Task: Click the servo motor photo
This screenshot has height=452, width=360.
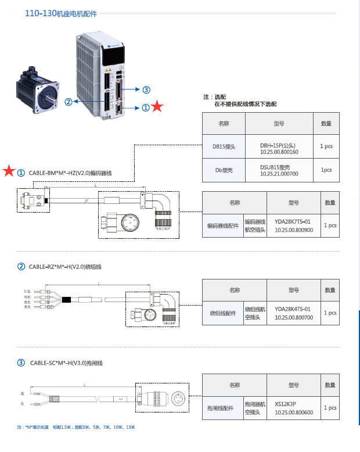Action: click(x=38, y=92)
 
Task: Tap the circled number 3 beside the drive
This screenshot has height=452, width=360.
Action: click(x=146, y=89)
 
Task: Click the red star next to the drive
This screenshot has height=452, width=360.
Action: click(x=157, y=107)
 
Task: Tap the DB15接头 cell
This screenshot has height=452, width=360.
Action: click(x=224, y=146)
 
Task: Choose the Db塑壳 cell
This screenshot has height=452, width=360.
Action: click(x=224, y=170)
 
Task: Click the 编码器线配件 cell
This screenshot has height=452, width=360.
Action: click(x=223, y=225)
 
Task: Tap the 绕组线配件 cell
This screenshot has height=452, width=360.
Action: click(x=223, y=313)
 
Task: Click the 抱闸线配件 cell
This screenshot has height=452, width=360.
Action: click(x=223, y=408)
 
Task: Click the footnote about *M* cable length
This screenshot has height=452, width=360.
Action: click(x=76, y=428)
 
